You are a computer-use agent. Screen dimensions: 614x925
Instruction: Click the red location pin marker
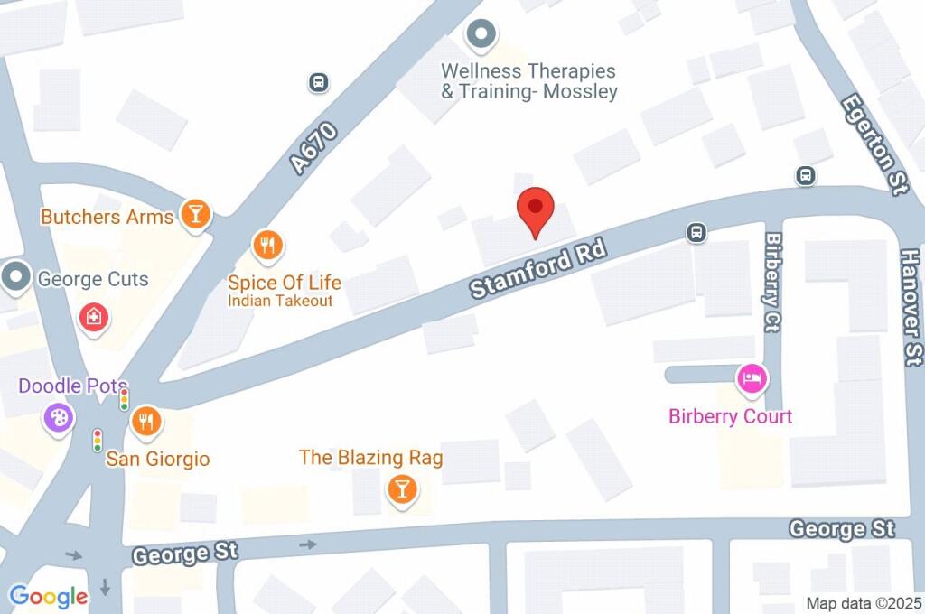click(x=535, y=210)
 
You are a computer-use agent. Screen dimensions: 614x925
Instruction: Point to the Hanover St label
click(x=911, y=306)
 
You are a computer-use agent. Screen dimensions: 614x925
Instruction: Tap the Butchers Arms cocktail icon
click(x=194, y=214)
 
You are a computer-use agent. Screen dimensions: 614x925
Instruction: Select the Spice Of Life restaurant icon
click(x=267, y=245)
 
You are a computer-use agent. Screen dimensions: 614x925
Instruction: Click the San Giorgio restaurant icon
click(x=145, y=420)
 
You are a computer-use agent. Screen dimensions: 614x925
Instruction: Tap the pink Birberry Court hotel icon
click(x=751, y=378)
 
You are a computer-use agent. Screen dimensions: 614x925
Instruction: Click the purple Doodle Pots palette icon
click(x=59, y=418)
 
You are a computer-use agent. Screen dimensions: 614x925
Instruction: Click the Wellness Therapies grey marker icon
click(x=481, y=35)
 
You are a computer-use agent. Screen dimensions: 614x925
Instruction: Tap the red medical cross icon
click(x=91, y=317)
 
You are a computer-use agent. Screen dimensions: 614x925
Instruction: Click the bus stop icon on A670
click(x=318, y=83)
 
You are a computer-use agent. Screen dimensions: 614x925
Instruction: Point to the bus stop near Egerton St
click(x=805, y=175)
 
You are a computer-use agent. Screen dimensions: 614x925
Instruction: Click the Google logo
click(x=48, y=596)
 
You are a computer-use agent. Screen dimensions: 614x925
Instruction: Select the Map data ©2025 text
click(x=864, y=603)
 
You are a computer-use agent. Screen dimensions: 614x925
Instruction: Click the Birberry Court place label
click(x=730, y=416)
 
